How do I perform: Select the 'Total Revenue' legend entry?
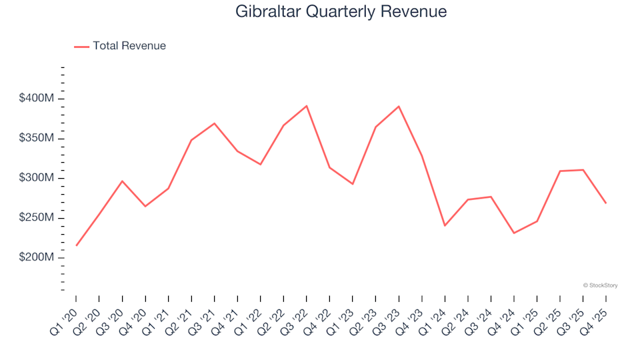click(x=129, y=46)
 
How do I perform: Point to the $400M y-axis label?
click(x=37, y=99)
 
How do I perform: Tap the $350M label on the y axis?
click(x=37, y=139)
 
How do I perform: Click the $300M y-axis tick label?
click(x=37, y=178)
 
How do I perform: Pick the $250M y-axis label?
click(x=37, y=218)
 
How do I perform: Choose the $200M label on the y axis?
click(x=37, y=258)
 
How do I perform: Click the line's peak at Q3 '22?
click(x=307, y=106)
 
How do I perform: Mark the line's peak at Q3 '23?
click(x=399, y=106)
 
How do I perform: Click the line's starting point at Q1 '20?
click(x=76, y=246)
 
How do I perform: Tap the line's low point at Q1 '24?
click(x=445, y=226)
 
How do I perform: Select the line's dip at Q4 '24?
click(x=514, y=233)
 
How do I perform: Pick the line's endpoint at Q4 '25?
click(x=606, y=203)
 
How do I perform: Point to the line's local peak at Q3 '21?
click(x=214, y=123)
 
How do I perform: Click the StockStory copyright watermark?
click(x=601, y=285)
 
